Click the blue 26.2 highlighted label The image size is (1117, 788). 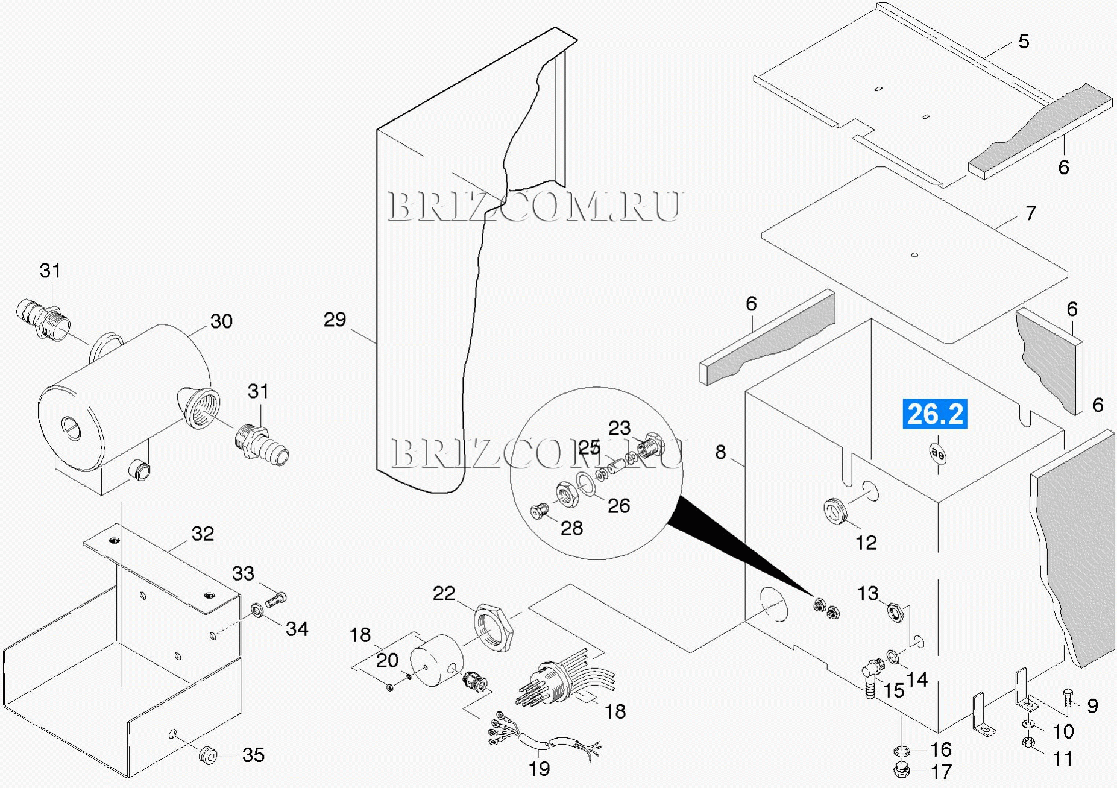(x=934, y=414)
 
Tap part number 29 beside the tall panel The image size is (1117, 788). (x=335, y=320)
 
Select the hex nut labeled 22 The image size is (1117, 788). (x=494, y=627)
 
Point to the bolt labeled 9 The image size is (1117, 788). (x=1068, y=699)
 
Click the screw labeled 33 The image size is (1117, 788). (x=276, y=599)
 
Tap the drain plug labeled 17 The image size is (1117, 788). (x=901, y=771)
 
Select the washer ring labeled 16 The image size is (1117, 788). (x=901, y=751)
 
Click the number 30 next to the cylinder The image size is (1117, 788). (x=221, y=321)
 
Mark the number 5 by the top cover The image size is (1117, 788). (x=1024, y=42)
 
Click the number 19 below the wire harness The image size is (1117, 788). (x=540, y=769)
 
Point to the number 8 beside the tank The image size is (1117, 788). (x=720, y=452)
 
